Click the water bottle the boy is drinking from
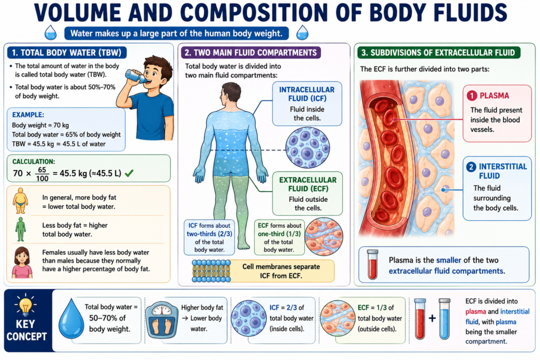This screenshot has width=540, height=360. click(137, 76)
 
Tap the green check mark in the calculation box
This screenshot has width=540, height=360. click(129, 173)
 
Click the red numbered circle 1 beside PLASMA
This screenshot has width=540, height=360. click(471, 96)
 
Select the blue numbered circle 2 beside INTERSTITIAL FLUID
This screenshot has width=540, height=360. click(471, 167)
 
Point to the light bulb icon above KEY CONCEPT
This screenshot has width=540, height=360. click(25, 306)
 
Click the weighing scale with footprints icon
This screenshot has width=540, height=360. click(162, 321)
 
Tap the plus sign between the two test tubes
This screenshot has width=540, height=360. click(432, 318)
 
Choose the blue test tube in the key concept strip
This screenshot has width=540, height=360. click(444, 319)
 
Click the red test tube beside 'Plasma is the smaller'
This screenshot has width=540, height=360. click(372, 264)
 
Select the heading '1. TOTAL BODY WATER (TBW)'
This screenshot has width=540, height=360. click(66, 53)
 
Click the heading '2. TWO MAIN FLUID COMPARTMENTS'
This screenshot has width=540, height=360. click(250, 53)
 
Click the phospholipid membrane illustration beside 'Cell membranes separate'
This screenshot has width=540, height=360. click(211, 271)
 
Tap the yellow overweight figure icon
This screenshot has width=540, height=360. click(21, 201)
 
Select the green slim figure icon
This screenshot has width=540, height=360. click(21, 229)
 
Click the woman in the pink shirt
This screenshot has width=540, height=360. click(22, 262)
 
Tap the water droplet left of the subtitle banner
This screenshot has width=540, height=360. click(51, 32)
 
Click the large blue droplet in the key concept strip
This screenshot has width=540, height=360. click(71, 319)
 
